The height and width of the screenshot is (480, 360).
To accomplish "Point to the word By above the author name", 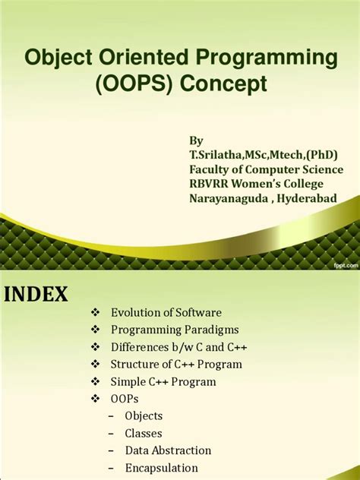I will point(196,141).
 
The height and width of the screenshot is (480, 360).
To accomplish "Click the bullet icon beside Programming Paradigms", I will point(95,330).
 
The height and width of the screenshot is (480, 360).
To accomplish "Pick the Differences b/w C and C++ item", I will point(178,347).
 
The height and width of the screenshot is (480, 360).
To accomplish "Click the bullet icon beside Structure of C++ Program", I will point(95,365).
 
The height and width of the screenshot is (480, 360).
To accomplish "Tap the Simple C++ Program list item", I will point(163,382).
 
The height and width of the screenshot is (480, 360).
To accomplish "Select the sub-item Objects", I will point(144,416).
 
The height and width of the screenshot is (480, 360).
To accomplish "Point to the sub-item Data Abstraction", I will point(168,450).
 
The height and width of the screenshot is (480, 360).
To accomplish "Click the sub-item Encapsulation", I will point(161,468).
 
